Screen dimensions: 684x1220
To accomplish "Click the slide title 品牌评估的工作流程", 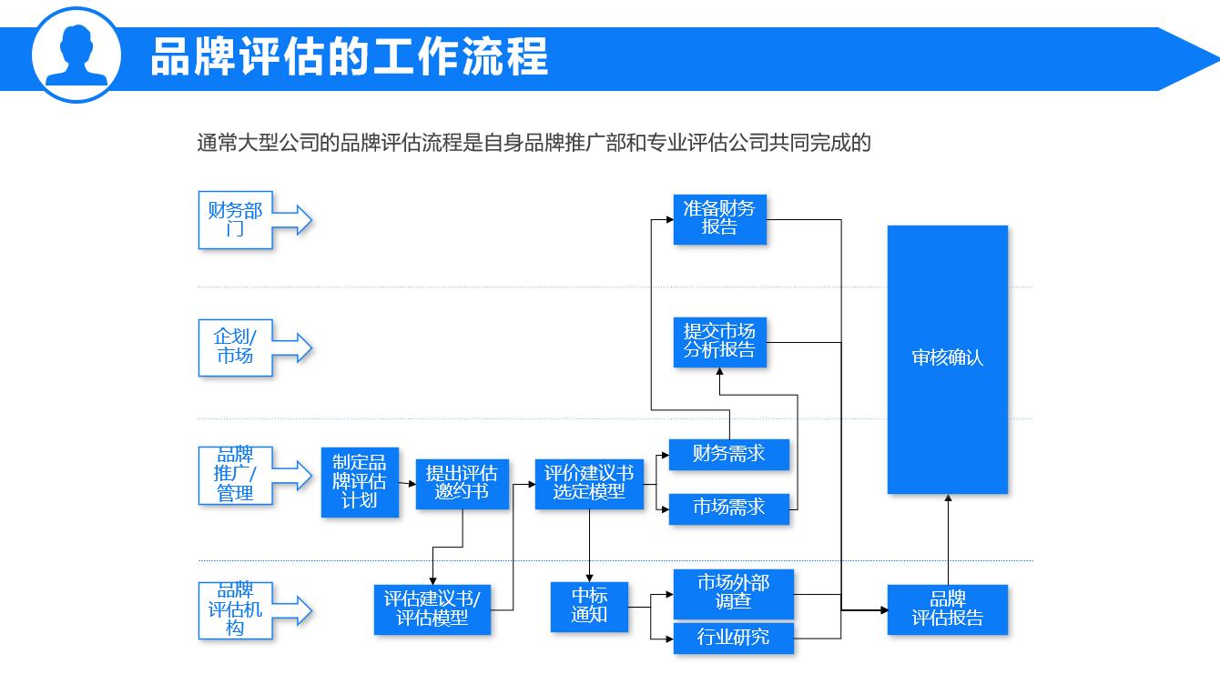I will (x=349, y=56).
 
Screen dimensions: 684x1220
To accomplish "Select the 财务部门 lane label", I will (x=236, y=220).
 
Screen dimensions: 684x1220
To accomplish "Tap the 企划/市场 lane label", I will (x=236, y=347).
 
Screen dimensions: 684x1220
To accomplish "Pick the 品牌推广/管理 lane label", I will (x=236, y=475).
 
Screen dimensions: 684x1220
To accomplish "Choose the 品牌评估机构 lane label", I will (x=236, y=609).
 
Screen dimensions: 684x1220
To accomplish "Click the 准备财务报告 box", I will (x=719, y=218).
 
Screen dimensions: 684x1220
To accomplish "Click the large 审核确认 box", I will (x=947, y=359).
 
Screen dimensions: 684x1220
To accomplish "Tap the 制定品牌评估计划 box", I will (x=360, y=481).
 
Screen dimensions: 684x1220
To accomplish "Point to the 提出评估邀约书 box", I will (x=462, y=483).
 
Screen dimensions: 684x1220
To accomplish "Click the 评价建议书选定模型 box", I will (x=589, y=483).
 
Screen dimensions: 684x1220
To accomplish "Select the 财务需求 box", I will (x=728, y=454).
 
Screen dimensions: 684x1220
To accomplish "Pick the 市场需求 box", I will (x=728, y=508).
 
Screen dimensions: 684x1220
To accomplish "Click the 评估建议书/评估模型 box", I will (x=432, y=609).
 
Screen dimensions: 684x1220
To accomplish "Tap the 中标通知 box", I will (x=589, y=606).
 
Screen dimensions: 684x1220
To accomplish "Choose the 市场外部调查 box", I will (x=733, y=593).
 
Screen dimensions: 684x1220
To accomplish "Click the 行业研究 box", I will (x=733, y=638).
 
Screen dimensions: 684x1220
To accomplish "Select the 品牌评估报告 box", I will (x=947, y=609).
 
